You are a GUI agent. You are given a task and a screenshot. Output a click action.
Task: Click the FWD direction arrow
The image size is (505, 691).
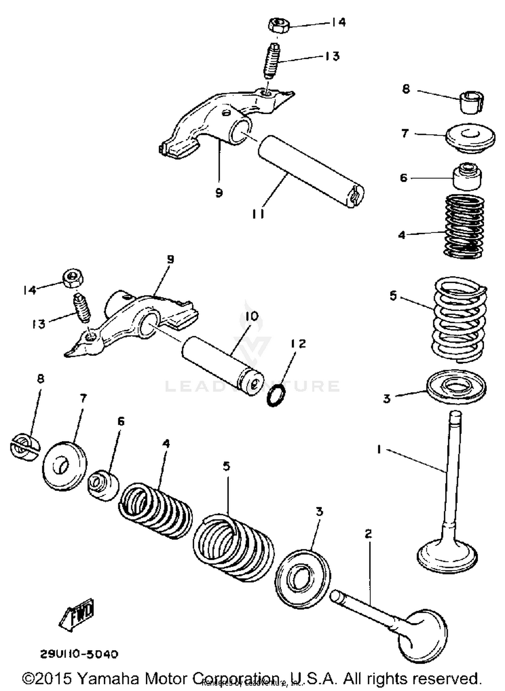pyautogui.click(x=77, y=615)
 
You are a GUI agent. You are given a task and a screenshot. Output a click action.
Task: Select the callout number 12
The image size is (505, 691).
pyautogui.click(x=298, y=343)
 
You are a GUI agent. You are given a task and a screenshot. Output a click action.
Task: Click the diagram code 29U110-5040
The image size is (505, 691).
pyautogui.click(x=79, y=654)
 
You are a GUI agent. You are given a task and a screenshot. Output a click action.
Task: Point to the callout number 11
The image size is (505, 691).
pyautogui.click(x=258, y=213)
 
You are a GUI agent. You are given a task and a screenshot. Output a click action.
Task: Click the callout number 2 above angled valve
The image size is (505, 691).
pyautogui.click(x=368, y=534)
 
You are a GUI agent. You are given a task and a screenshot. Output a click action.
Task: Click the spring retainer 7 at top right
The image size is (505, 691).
pyautogui.click(x=470, y=138)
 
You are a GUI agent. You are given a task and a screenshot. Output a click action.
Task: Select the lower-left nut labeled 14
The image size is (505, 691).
pyautogui.click(x=73, y=278)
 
